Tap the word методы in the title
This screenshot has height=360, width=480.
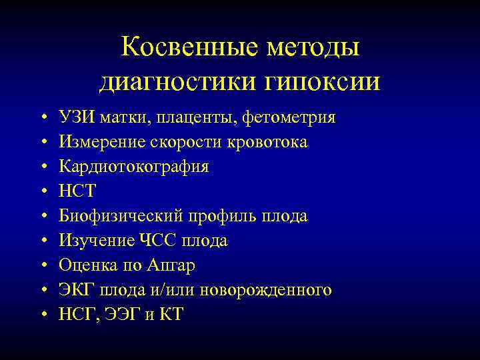click(313, 47)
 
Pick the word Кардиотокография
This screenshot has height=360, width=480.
click(133, 167)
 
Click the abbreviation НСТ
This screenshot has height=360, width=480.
click(77, 192)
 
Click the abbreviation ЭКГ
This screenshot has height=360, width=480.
click(77, 290)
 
